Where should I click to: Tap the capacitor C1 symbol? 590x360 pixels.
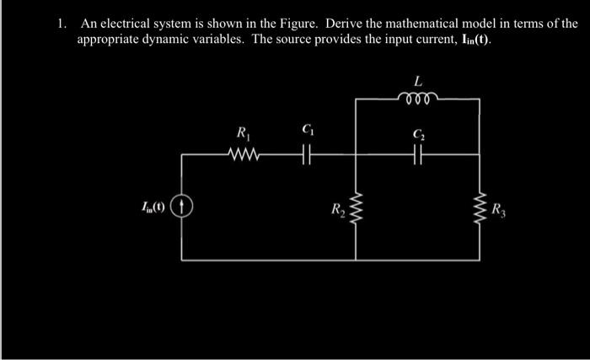(305, 154)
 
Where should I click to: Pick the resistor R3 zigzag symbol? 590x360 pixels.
(480, 206)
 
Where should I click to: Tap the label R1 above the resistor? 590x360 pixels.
(244, 132)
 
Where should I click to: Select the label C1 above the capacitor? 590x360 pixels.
(306, 130)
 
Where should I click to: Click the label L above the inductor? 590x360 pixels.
(418, 81)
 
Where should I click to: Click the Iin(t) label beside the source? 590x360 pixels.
(154, 205)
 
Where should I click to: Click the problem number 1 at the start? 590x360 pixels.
(62, 24)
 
